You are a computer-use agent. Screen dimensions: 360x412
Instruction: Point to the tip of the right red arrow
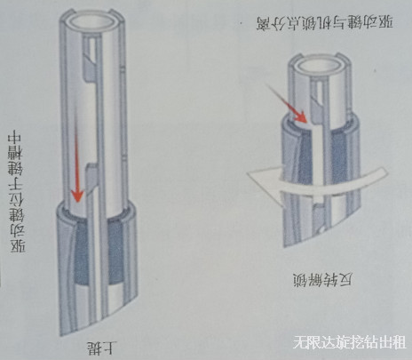(306, 119)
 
